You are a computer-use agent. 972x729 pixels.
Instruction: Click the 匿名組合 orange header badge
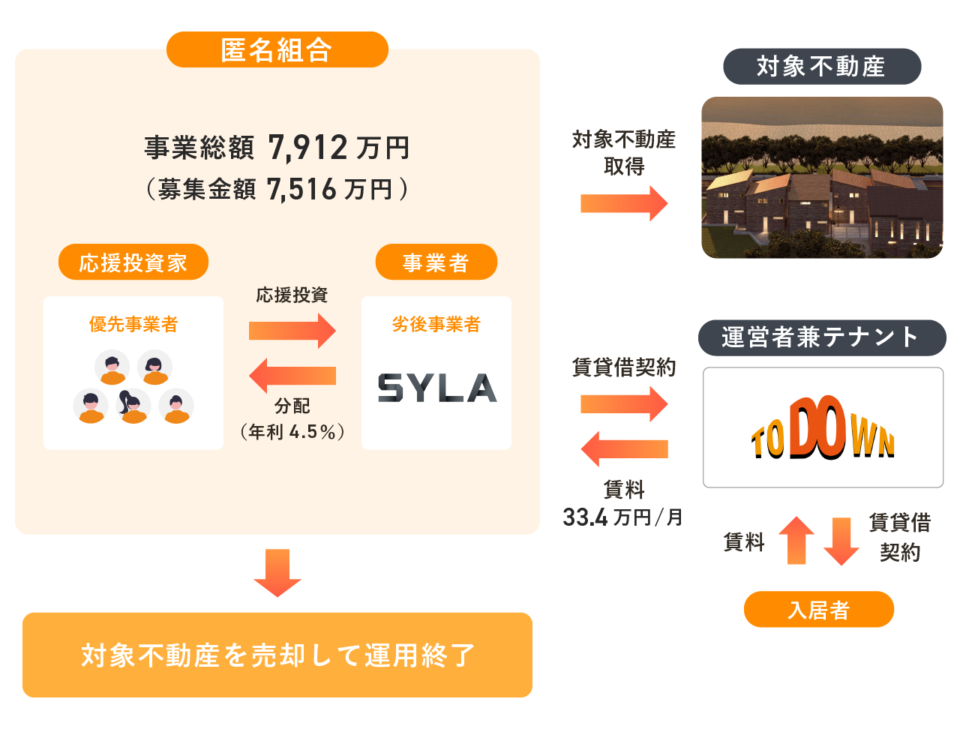pos(277,49)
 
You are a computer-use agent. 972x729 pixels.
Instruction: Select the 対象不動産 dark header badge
pos(822,67)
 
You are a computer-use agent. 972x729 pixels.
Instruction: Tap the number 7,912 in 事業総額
pos(307,148)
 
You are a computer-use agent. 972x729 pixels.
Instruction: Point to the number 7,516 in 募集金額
pos(301,190)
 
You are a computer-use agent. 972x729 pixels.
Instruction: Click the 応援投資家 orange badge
pos(133,262)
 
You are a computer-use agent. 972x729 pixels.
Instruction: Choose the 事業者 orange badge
pos(436,262)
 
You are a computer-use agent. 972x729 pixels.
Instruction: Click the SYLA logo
pos(437,388)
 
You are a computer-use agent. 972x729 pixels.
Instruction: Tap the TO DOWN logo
pos(823,427)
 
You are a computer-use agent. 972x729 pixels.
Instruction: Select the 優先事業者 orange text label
pos(133,324)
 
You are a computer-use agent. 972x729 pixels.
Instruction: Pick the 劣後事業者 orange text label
pos(436,324)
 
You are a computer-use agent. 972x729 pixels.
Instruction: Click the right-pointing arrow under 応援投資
pos(292,331)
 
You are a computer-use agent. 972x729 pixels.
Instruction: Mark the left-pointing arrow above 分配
pos(292,376)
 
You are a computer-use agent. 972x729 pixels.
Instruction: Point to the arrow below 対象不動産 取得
pos(624,203)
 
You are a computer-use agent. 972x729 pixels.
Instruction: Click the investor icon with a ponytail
pos(133,406)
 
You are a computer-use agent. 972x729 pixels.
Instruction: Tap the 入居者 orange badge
pos(819,610)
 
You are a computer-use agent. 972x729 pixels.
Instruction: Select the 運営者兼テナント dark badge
pos(822,337)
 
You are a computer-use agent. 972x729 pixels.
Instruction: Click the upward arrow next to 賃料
pos(796,541)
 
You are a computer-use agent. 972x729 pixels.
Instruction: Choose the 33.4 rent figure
pos(585,517)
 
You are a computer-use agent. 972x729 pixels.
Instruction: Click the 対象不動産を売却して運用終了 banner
pos(277,655)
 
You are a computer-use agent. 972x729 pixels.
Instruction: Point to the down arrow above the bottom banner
pos(277,573)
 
